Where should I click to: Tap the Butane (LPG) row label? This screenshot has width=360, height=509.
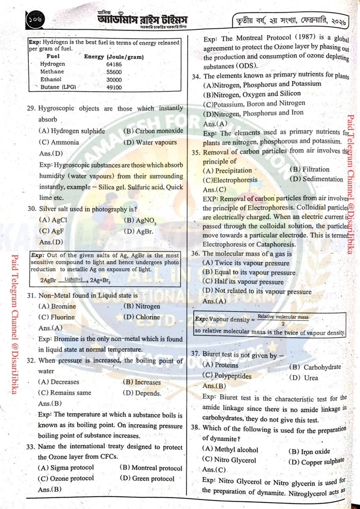pos(58,87)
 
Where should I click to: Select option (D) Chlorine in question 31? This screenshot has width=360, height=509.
pos(141,317)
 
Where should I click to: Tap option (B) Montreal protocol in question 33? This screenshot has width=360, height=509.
pos(151,468)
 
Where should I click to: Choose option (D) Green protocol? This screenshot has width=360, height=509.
pos(147,478)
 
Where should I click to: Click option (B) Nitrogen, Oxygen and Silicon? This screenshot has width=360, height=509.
pos(252,93)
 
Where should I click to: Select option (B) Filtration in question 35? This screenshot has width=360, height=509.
pos(309,170)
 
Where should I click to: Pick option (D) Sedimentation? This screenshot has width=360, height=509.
pos(316,179)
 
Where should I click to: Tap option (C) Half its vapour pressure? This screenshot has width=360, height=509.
pos(243,282)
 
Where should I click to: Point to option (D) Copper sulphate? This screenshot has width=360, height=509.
pos(317,461)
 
